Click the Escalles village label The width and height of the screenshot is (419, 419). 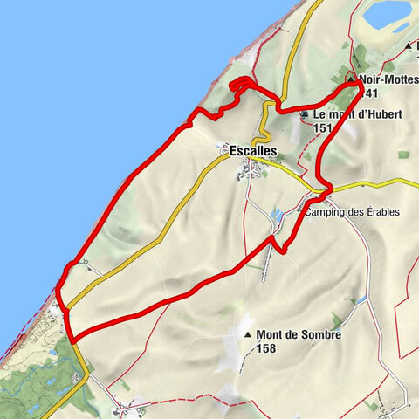pyautogui.click(x=253, y=151)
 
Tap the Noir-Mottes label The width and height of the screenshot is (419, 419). pyautogui.click(x=385, y=79)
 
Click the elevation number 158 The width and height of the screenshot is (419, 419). pyautogui.click(x=269, y=348)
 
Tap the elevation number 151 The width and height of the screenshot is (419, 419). pyautogui.click(x=324, y=128)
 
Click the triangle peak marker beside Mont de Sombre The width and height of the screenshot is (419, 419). pyautogui.click(x=248, y=335)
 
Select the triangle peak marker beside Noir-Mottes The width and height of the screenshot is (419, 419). pyautogui.click(x=351, y=79)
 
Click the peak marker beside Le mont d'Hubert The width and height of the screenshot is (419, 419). pyautogui.click(x=304, y=114)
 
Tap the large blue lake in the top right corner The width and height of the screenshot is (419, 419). pyautogui.click(x=387, y=13)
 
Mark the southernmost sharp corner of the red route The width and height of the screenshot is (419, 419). pyautogui.click(x=70, y=339)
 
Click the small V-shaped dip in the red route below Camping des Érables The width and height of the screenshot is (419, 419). pyautogui.click(x=278, y=245)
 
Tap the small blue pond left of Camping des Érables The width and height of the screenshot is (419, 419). pyautogui.click(x=277, y=214)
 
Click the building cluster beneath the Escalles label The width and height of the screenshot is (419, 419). pyautogui.click(x=249, y=173)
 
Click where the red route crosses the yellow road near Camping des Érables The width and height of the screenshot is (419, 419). pyautogui.click(x=326, y=191)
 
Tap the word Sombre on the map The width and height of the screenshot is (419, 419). pyautogui.click(x=317, y=334)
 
